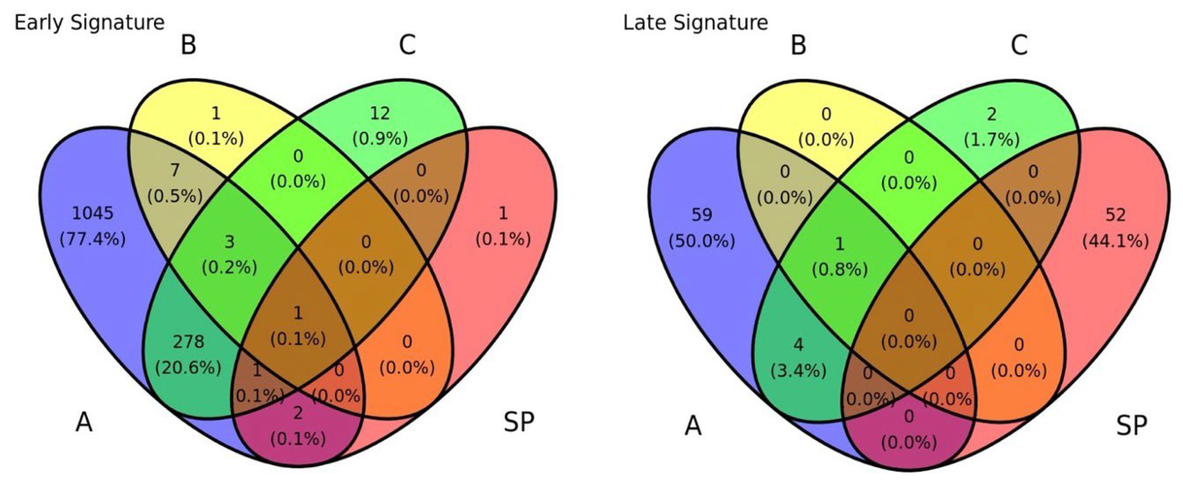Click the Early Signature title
[x=90, y=22]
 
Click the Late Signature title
[x=695, y=22]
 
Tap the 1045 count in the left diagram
[x=93, y=213]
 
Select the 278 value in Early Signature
[x=188, y=342]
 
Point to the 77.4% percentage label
[x=93, y=239]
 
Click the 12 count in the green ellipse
[x=380, y=113]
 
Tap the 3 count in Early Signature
[x=229, y=242]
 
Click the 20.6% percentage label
[x=188, y=368]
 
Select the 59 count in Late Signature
[x=702, y=214]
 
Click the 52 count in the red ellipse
[x=1115, y=214]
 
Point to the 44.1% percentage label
[x=1115, y=241]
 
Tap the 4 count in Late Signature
[x=799, y=344]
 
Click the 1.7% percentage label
[x=992, y=140]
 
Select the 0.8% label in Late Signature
[x=840, y=270]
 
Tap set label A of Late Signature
[x=693, y=425]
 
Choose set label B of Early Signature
[x=188, y=46]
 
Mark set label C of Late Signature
[x=1019, y=46]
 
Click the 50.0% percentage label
[x=702, y=241]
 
